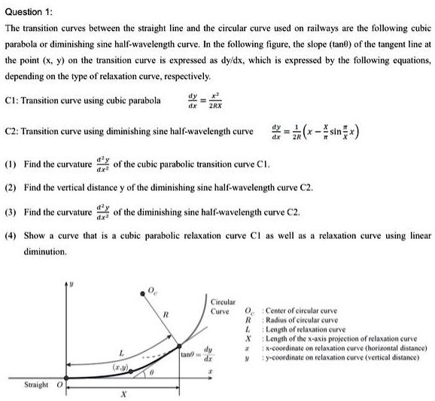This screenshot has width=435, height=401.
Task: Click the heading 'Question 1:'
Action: [29, 10]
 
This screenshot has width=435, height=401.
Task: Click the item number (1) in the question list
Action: [11, 163]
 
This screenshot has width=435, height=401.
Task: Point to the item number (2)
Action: [11, 187]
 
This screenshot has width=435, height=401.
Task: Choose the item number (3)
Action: [11, 212]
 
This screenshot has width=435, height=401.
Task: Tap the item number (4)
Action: [11, 236]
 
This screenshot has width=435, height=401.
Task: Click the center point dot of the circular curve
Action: [144, 292]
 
